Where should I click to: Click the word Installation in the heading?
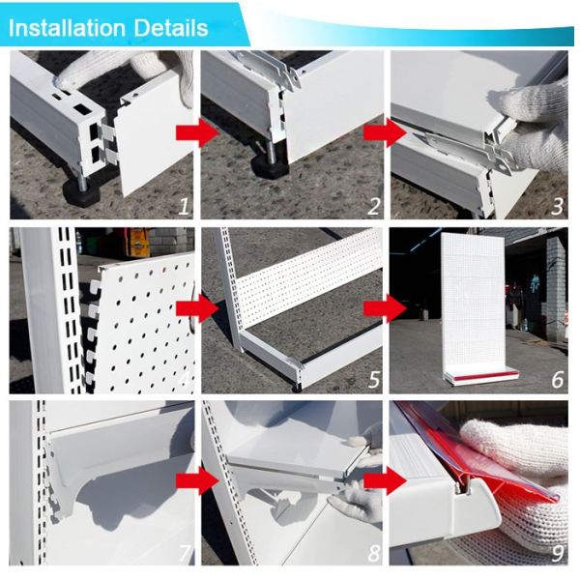[67, 28]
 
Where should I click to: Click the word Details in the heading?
[171, 28]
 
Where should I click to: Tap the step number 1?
[184, 207]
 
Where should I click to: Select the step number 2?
[373, 207]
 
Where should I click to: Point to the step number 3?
[558, 207]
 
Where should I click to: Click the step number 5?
[374, 380]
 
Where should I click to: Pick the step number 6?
[558, 380]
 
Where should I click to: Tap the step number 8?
[374, 553]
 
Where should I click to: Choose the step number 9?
[558, 553]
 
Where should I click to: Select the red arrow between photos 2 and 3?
[385, 132]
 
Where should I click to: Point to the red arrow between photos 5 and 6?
[385, 308]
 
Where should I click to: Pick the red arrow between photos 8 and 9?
[385, 480]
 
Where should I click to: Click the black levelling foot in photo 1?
[83, 190]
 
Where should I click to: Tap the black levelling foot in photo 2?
[270, 166]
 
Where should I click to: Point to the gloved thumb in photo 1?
[72, 75]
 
